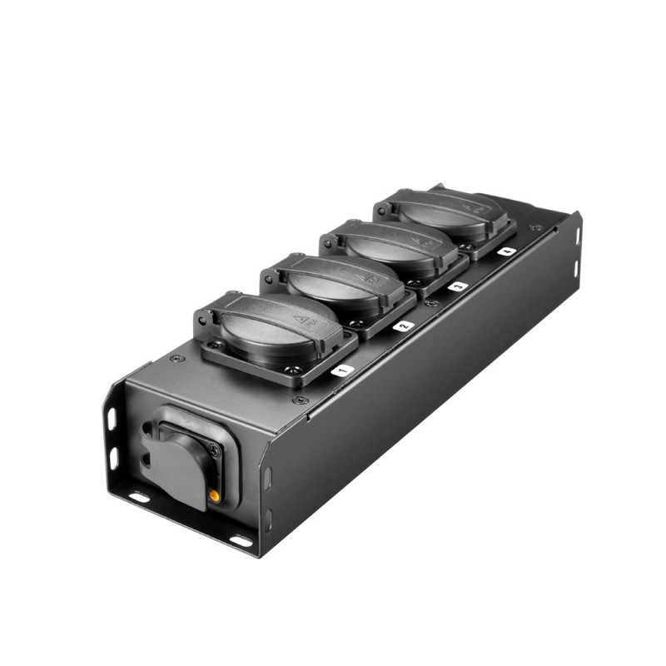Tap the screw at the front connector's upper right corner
(x=215, y=450)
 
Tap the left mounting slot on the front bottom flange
(x=140, y=497)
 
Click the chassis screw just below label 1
(x=301, y=400)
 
